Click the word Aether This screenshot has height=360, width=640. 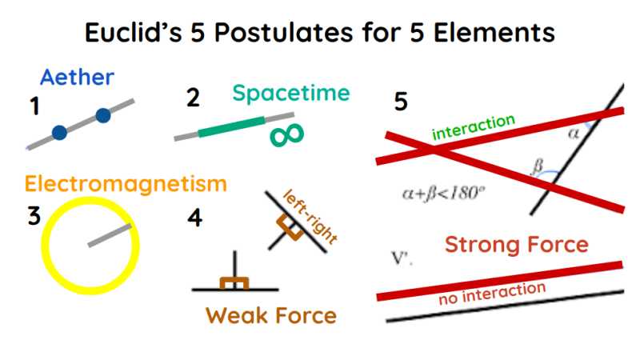77,78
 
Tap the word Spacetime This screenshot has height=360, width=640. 291,94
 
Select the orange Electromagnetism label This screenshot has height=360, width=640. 126,184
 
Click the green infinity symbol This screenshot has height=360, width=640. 286,135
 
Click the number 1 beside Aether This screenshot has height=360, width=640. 34,107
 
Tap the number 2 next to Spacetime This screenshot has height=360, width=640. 193,98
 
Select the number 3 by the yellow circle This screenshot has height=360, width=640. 34,218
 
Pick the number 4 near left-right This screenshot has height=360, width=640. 194,218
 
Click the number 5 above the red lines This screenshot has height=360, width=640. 401,102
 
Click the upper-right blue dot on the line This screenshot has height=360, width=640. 102,116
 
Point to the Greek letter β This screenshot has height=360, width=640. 538,167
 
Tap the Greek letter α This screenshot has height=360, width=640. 573,134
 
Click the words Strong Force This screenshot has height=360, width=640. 516,245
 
